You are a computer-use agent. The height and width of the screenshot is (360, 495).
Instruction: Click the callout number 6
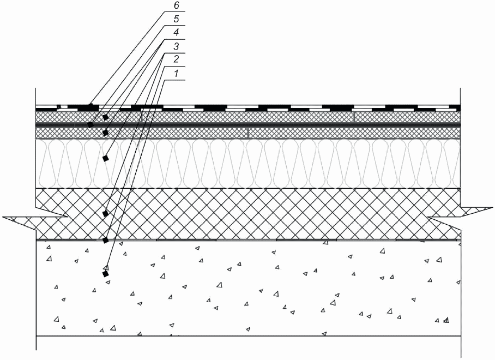click(176, 6)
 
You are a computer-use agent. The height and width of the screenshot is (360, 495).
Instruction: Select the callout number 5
click(176, 19)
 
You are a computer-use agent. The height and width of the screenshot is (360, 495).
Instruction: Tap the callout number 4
click(176, 33)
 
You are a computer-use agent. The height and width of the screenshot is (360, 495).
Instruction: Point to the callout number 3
click(176, 46)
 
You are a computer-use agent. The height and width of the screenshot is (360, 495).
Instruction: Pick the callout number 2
click(176, 59)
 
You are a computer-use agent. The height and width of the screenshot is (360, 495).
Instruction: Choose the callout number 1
click(176, 74)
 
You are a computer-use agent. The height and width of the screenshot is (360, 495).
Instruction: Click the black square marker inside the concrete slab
click(105, 274)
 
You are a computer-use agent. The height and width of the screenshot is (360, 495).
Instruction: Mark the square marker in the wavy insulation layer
click(106, 158)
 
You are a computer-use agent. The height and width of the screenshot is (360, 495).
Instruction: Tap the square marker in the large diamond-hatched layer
click(105, 214)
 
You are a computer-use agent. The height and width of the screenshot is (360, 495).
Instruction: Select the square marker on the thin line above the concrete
click(106, 241)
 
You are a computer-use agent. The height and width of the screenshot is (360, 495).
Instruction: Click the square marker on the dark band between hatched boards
click(90, 125)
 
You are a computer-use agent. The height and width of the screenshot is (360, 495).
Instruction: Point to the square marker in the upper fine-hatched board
click(106, 117)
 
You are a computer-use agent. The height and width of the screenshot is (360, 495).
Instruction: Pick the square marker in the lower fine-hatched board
click(106, 133)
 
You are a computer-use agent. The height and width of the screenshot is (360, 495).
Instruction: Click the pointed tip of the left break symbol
click(3, 217)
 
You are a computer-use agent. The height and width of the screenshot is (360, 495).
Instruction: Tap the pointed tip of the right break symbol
click(492, 208)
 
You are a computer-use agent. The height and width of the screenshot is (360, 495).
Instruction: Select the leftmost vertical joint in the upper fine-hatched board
click(142, 117)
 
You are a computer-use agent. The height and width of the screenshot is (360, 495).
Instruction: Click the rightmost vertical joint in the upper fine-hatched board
click(354, 117)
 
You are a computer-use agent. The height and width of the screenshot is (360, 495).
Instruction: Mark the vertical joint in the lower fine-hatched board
click(248, 133)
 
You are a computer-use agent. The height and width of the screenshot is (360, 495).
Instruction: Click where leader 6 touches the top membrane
click(90, 105)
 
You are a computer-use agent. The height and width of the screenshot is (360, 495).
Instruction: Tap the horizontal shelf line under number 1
click(174, 80)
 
